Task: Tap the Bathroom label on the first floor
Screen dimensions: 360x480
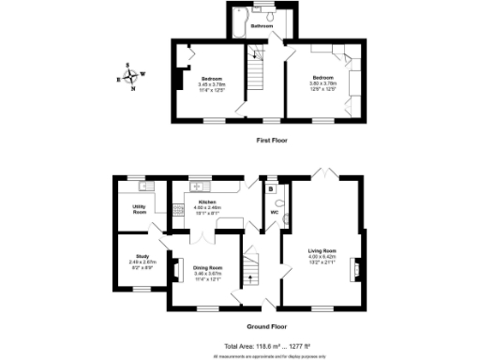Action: [x=261, y=26]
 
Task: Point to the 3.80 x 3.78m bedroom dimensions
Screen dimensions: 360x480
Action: [x=321, y=84]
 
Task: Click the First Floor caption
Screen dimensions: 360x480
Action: [x=272, y=140]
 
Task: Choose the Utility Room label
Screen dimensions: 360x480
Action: [x=140, y=211]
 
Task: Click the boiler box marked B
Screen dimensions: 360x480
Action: [x=270, y=188]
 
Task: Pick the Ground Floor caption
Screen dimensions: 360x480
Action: [x=266, y=327]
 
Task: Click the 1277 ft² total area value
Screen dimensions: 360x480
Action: [x=293, y=347]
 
